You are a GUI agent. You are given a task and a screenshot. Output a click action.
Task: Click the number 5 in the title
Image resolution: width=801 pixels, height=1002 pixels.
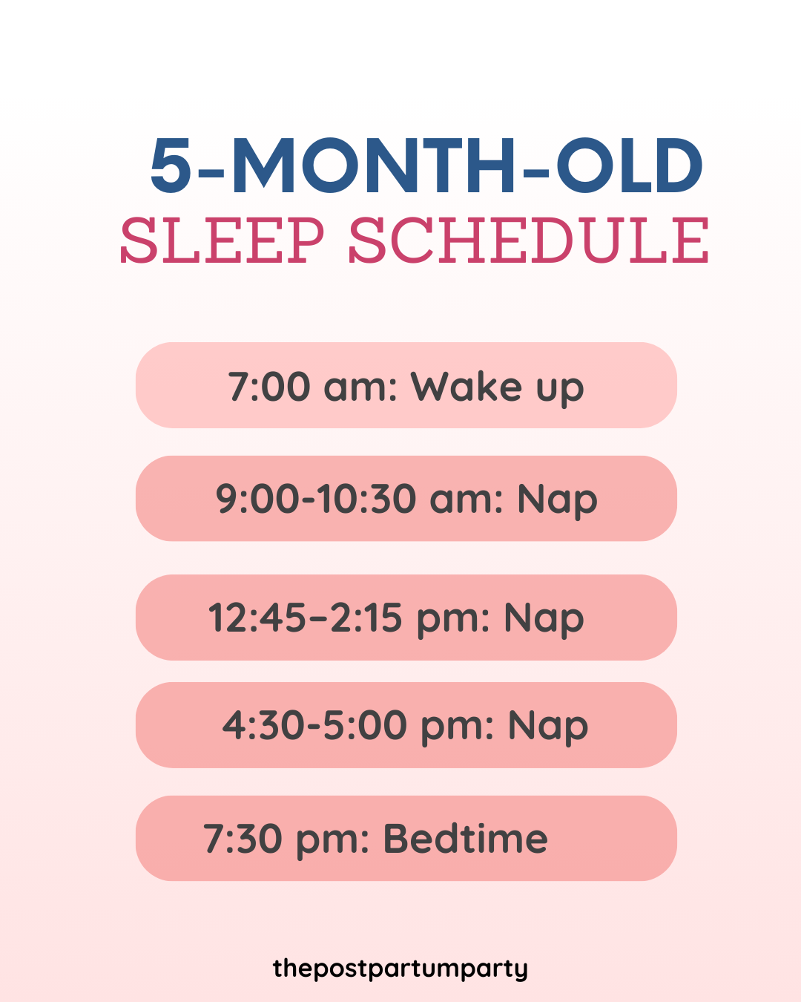point(171,166)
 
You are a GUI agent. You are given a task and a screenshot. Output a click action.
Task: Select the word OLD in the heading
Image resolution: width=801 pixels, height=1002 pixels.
point(630,166)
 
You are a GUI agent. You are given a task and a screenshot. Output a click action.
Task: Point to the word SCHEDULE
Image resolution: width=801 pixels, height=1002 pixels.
point(528,241)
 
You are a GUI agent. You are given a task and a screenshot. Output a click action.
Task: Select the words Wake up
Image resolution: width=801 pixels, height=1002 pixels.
point(498,387)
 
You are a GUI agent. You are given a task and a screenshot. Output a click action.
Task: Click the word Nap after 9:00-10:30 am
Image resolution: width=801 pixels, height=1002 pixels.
point(557,500)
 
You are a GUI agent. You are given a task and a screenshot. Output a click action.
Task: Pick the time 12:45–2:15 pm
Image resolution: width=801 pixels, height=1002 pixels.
point(348,618)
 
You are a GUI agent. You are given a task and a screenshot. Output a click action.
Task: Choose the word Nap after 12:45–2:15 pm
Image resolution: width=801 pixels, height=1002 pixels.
point(544,618)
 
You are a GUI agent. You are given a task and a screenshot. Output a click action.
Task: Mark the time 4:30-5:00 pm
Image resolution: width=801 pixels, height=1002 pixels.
point(357,725)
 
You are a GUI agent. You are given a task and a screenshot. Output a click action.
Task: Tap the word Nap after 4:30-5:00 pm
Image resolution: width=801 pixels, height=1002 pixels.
point(548,726)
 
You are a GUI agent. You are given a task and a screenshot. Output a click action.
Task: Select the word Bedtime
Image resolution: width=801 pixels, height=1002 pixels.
point(465,839)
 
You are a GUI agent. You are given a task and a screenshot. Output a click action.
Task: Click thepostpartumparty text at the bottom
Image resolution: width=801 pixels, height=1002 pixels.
point(400,969)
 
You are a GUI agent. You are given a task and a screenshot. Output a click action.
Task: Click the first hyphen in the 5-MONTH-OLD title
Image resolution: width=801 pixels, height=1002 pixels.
point(212,172)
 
